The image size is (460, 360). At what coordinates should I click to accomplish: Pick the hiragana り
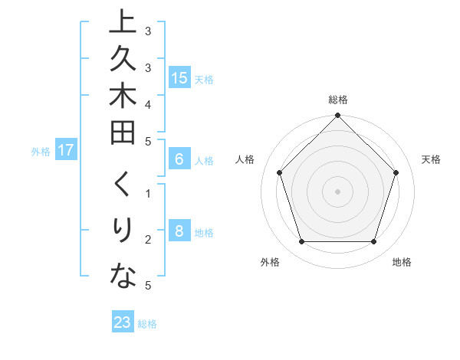coord(123,231)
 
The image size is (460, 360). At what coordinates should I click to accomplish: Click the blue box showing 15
coord(179,78)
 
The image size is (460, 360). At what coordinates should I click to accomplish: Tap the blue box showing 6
coord(179,159)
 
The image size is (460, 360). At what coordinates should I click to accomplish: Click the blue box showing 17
coord(66,150)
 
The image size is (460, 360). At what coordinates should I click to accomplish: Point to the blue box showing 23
coord(123,322)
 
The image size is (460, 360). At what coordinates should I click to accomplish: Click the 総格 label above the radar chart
coord(338,100)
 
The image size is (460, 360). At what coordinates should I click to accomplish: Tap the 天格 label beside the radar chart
coord(431,159)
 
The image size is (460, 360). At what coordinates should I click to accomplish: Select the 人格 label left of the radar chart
coord(245,159)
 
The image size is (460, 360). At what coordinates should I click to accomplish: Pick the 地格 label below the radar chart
coord(402,262)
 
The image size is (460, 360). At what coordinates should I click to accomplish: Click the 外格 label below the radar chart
coord(270,262)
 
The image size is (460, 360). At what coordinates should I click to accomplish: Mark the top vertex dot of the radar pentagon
coord(338,116)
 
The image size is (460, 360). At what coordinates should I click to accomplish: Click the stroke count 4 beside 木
coord(148,103)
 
